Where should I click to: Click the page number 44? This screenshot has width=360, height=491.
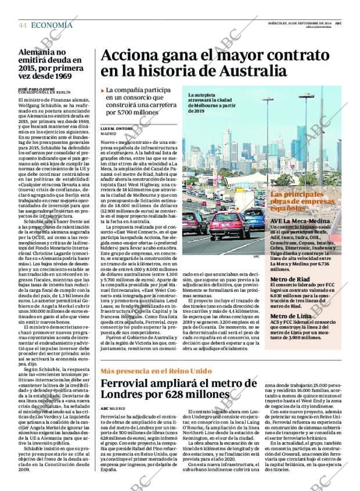[23, 25]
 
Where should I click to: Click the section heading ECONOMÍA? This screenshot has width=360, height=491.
[52, 25]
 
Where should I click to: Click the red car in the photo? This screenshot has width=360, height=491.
[229, 224]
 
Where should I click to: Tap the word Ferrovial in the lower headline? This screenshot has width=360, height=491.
[134, 384]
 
